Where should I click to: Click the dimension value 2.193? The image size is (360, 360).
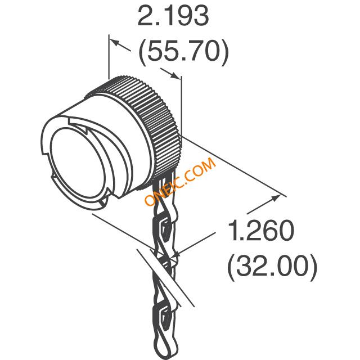(x=173, y=16)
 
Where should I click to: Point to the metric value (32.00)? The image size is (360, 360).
(x=272, y=267)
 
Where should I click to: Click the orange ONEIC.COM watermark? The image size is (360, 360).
(x=180, y=181)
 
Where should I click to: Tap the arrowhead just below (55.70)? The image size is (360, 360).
(x=175, y=75)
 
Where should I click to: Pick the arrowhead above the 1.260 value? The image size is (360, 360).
(x=275, y=199)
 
